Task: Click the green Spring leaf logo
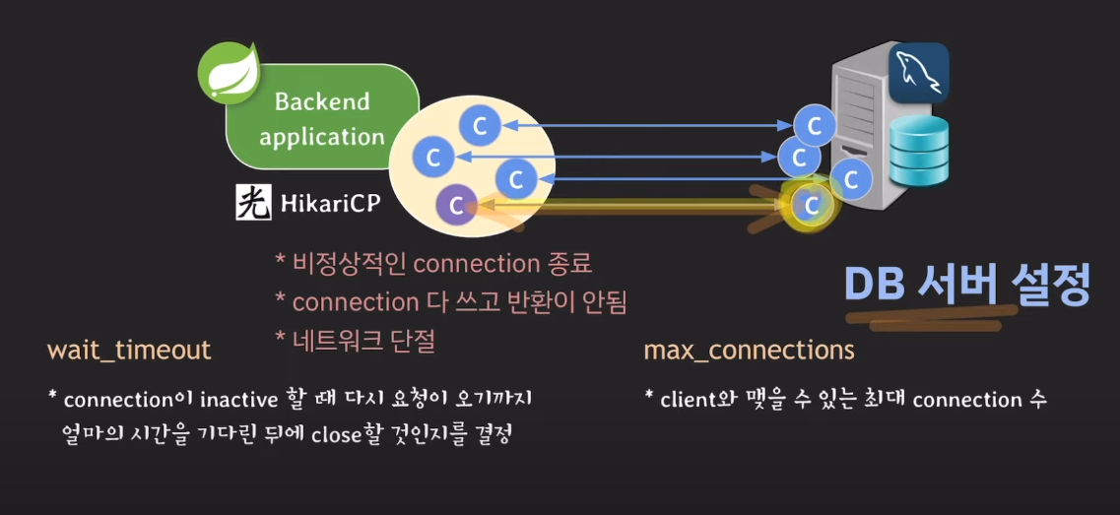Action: pyautogui.click(x=228, y=73)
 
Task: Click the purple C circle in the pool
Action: pyautogui.click(x=455, y=205)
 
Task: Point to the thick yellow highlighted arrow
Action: pyautogui.click(x=630, y=206)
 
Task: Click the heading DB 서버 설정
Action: pyautogui.click(x=966, y=286)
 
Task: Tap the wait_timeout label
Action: pyautogui.click(x=129, y=350)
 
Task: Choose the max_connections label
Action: pyautogui.click(x=749, y=350)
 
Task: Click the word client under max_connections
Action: pyautogui.click(x=689, y=401)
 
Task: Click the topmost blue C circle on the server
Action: pyautogui.click(x=815, y=126)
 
